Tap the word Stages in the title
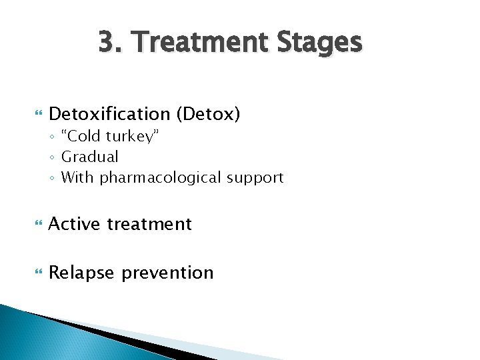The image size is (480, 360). point(316,43)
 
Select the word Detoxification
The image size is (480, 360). point(110,114)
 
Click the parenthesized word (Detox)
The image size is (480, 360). point(208,114)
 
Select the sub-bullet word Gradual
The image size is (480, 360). point(89,157)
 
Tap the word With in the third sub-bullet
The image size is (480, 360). point(77,177)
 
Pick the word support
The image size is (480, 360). point(255,177)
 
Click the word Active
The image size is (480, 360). point(75,224)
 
